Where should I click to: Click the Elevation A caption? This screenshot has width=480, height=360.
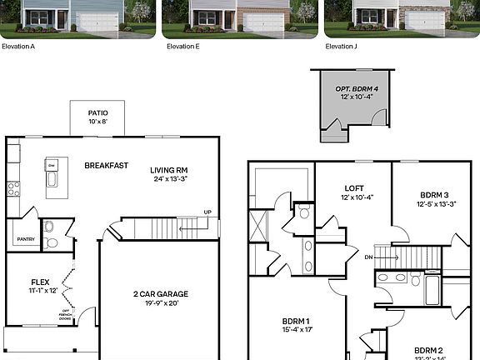17,47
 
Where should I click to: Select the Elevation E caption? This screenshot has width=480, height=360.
182,47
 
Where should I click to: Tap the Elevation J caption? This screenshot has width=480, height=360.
342,47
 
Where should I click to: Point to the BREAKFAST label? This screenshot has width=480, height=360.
107,165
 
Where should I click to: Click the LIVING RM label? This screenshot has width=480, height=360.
168,170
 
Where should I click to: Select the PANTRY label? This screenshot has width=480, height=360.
25,239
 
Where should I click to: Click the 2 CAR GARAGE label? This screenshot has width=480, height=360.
161,293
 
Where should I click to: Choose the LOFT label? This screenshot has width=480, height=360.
352,187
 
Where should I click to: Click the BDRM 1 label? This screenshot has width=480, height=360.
295,321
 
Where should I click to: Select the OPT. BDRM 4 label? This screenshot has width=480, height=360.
351,88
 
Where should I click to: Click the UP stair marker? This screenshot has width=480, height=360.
207,212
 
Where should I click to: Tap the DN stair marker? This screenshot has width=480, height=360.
368,257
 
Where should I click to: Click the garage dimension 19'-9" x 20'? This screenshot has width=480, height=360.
161,302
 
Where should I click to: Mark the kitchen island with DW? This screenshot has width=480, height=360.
52,174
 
